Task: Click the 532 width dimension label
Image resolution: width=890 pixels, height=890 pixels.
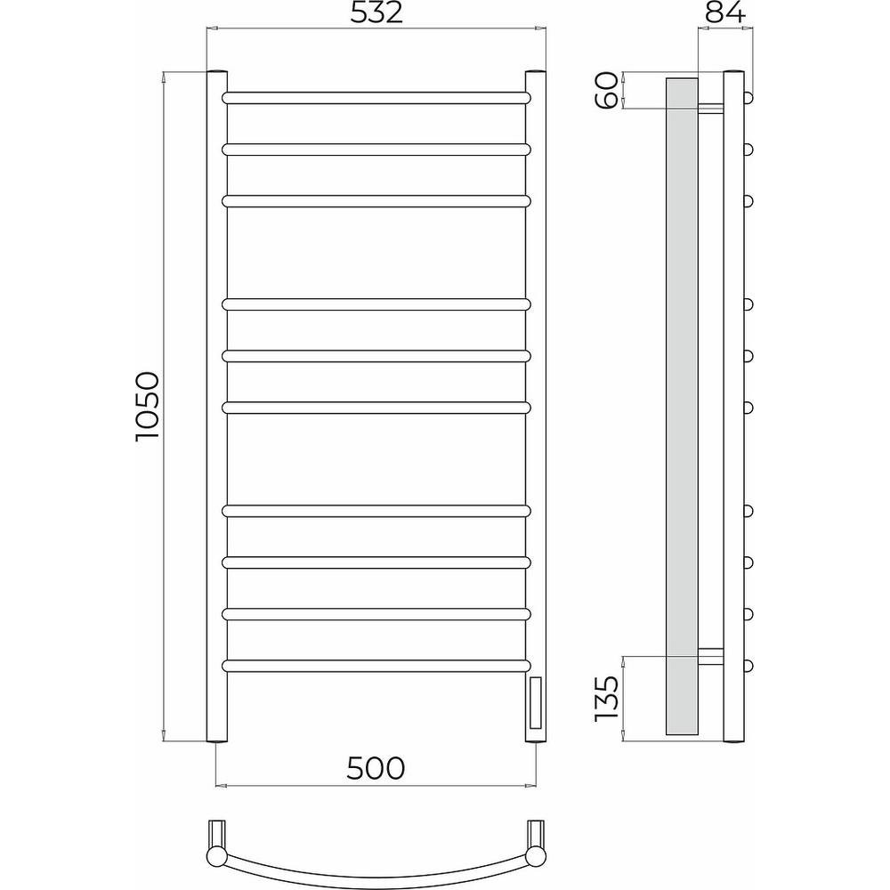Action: (376, 12)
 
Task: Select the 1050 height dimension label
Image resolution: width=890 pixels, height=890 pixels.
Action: (148, 407)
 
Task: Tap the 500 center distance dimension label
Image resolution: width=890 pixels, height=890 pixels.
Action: (376, 769)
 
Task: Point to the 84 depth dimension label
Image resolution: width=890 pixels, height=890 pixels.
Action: (725, 12)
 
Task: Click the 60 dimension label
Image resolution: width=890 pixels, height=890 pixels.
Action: (606, 90)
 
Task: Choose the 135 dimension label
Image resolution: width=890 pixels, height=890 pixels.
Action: (606, 698)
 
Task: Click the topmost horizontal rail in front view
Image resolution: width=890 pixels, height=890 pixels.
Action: (376, 98)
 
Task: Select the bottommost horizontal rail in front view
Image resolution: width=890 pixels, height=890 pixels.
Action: (376, 665)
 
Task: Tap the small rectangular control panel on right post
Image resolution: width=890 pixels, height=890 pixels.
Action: (535, 703)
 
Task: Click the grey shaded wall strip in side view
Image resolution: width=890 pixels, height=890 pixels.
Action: (682, 407)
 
